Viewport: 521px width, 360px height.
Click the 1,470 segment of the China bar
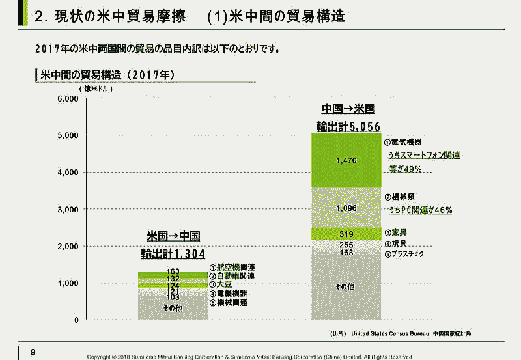(x=346, y=160)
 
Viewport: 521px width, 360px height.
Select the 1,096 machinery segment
(x=346, y=208)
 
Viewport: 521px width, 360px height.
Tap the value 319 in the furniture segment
(x=346, y=234)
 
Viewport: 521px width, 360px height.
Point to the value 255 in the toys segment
(x=346, y=245)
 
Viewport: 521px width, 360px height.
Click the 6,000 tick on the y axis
(x=67, y=98)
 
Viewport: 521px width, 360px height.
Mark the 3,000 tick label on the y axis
(x=67, y=209)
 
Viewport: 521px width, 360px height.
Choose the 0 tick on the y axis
(x=76, y=320)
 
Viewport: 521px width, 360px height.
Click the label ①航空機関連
(x=232, y=268)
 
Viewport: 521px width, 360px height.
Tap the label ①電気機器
(x=402, y=141)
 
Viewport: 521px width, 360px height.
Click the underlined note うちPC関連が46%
(x=420, y=210)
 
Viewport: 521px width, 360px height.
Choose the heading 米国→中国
(x=173, y=236)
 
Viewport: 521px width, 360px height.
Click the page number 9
(x=33, y=353)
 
